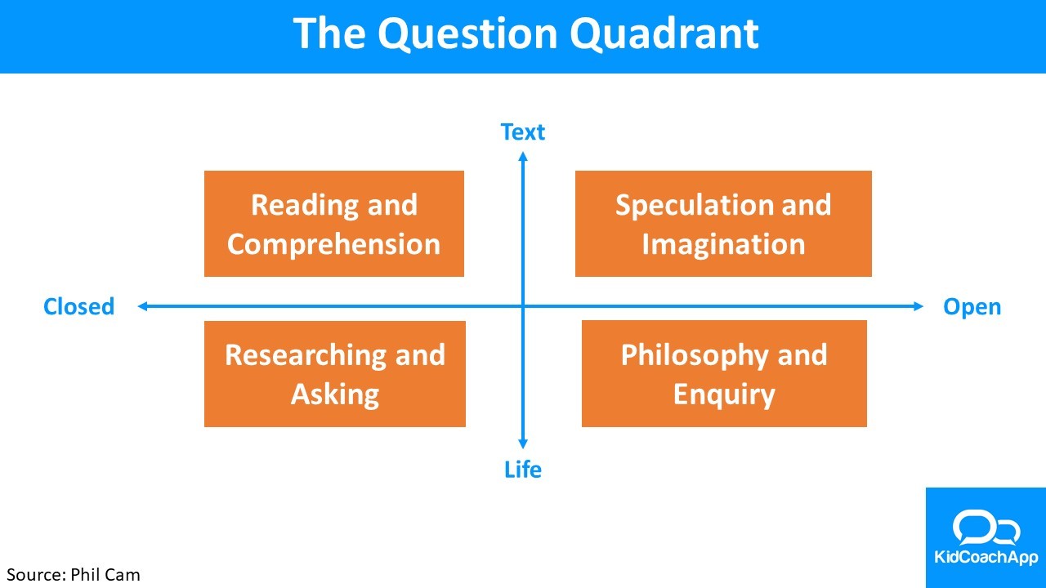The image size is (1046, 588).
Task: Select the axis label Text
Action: pos(523,132)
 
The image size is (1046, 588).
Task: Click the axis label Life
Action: pos(523,470)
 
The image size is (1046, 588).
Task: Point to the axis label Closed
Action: pos(78,307)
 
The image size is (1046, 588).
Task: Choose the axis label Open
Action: pos(972,307)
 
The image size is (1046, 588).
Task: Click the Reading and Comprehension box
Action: pos(334,224)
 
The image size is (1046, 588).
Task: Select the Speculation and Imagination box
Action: pos(723,224)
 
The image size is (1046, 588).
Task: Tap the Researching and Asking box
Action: pos(335,374)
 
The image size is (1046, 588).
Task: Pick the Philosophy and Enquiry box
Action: pos(724,374)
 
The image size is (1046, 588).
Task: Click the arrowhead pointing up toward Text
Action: pos(523,157)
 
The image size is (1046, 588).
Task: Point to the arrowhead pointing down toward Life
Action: pos(523,445)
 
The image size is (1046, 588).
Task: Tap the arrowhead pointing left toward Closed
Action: pos(142,306)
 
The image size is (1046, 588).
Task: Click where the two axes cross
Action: pos(523,306)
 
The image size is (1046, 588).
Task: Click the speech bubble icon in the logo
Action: pos(986,528)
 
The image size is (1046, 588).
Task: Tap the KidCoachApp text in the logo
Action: pos(986,559)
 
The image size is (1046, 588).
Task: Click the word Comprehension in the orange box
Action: pos(334,244)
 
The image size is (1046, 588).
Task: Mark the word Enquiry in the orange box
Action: pos(724,394)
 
